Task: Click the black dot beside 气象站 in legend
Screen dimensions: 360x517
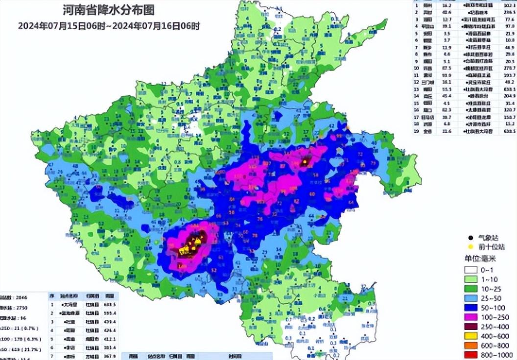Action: pyautogui.click(x=470, y=237)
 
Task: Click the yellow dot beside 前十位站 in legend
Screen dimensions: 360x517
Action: pyautogui.click(x=470, y=247)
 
